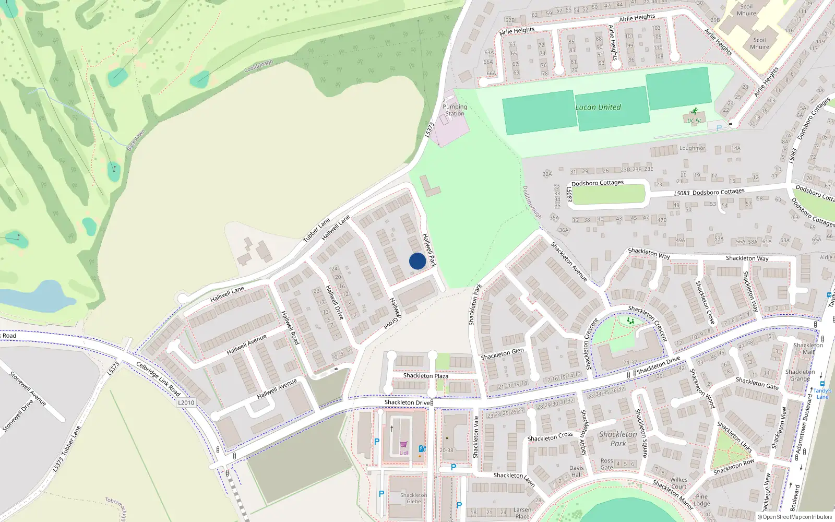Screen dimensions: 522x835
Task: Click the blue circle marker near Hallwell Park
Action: [x=417, y=261]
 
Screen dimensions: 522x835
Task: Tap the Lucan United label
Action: [x=598, y=108]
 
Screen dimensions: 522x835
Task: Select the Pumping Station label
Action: [x=455, y=110]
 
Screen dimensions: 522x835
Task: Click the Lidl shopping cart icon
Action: [x=403, y=445]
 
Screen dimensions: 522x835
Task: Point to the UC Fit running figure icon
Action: [x=694, y=111]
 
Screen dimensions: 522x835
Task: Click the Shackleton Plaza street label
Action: [x=425, y=376]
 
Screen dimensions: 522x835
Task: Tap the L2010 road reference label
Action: [x=186, y=402]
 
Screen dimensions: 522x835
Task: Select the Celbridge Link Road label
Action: [x=158, y=378]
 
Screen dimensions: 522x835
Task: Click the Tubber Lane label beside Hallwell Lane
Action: [x=317, y=230]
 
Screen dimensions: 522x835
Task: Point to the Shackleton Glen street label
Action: [x=502, y=354]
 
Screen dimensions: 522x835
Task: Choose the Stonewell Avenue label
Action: [x=28, y=388]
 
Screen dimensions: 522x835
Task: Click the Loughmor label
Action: [x=692, y=148]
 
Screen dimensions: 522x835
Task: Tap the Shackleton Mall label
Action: [x=808, y=349]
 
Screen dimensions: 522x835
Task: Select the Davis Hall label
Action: [x=576, y=471]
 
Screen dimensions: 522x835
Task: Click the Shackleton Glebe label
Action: [x=413, y=498]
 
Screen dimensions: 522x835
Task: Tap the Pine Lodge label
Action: [x=702, y=500]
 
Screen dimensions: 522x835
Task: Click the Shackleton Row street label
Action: [x=734, y=467]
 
